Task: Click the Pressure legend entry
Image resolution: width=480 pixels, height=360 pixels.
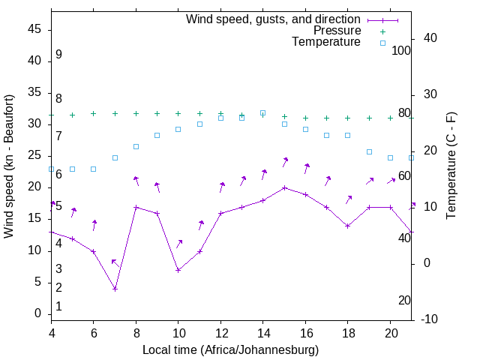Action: (337, 31)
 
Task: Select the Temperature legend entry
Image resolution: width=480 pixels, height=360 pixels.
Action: (326, 42)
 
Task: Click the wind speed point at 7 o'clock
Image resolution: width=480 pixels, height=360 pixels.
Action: (115, 289)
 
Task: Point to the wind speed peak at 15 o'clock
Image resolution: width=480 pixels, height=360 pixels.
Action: (284, 187)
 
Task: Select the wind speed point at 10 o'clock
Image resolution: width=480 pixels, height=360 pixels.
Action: (178, 270)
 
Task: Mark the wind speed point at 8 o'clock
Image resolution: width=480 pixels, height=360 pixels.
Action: (136, 207)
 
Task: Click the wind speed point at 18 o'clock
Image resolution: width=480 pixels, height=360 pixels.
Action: (347, 226)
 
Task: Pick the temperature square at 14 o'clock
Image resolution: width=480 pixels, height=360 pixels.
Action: (262, 113)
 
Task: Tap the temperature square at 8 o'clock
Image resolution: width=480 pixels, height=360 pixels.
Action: (136, 146)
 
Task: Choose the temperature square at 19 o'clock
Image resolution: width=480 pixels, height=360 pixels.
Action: (369, 151)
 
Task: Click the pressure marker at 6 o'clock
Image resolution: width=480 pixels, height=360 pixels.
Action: (94, 114)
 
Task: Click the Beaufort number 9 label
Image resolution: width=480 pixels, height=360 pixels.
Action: (58, 55)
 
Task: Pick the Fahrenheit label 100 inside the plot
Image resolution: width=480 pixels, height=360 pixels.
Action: (401, 50)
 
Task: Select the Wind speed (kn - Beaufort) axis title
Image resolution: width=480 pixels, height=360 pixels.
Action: (9, 166)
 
